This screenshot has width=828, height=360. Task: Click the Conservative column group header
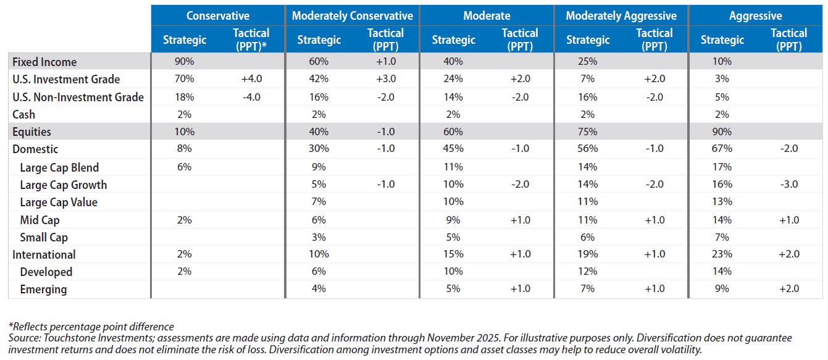pyautogui.click(x=217, y=15)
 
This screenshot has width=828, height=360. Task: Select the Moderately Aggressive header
pyautogui.click(x=621, y=15)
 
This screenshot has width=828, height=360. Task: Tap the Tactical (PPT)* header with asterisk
pyautogui.click(x=251, y=40)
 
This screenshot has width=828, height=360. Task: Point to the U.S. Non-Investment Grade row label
pyautogui.click(x=78, y=97)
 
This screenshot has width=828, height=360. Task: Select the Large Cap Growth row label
pyautogui.click(x=63, y=185)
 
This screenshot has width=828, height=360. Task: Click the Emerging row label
pyautogui.click(x=43, y=289)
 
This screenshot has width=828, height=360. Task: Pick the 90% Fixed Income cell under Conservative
pyautogui.click(x=185, y=62)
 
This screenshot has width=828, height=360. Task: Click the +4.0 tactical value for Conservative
pyautogui.click(x=251, y=79)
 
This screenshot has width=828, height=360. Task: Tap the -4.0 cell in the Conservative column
pyautogui.click(x=251, y=97)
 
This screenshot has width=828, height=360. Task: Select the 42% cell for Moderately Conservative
pyautogui.click(x=319, y=79)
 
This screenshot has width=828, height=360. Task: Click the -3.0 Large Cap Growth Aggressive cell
pyautogui.click(x=788, y=185)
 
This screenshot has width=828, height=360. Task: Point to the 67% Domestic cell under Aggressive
pyautogui.click(x=722, y=149)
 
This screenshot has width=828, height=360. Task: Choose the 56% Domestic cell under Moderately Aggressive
pyautogui.click(x=587, y=149)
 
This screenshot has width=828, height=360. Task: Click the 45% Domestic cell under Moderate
pyautogui.click(x=453, y=149)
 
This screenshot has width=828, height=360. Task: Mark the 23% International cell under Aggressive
pyautogui.click(x=722, y=254)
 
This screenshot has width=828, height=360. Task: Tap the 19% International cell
pyautogui.click(x=587, y=254)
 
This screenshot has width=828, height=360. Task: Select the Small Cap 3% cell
pyautogui.click(x=319, y=237)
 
